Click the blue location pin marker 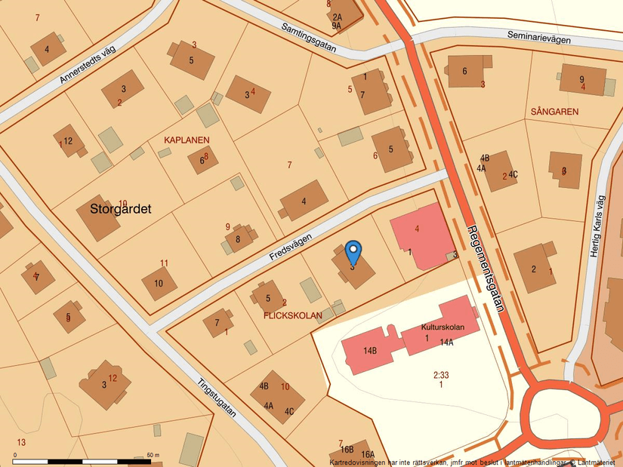tap(353, 251)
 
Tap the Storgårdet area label tap(121, 209)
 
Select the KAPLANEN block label tap(187, 140)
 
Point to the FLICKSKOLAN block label tap(293, 315)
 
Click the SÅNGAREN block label tap(554, 112)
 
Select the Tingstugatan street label tap(217, 397)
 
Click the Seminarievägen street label tap(538, 37)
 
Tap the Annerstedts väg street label tap(88, 65)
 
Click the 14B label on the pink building tap(369, 351)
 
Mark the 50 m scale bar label tap(153, 455)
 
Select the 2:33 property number tap(441, 374)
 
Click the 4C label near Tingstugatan tap(288, 412)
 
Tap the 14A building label tap(446, 343)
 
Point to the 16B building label tap(347, 450)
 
